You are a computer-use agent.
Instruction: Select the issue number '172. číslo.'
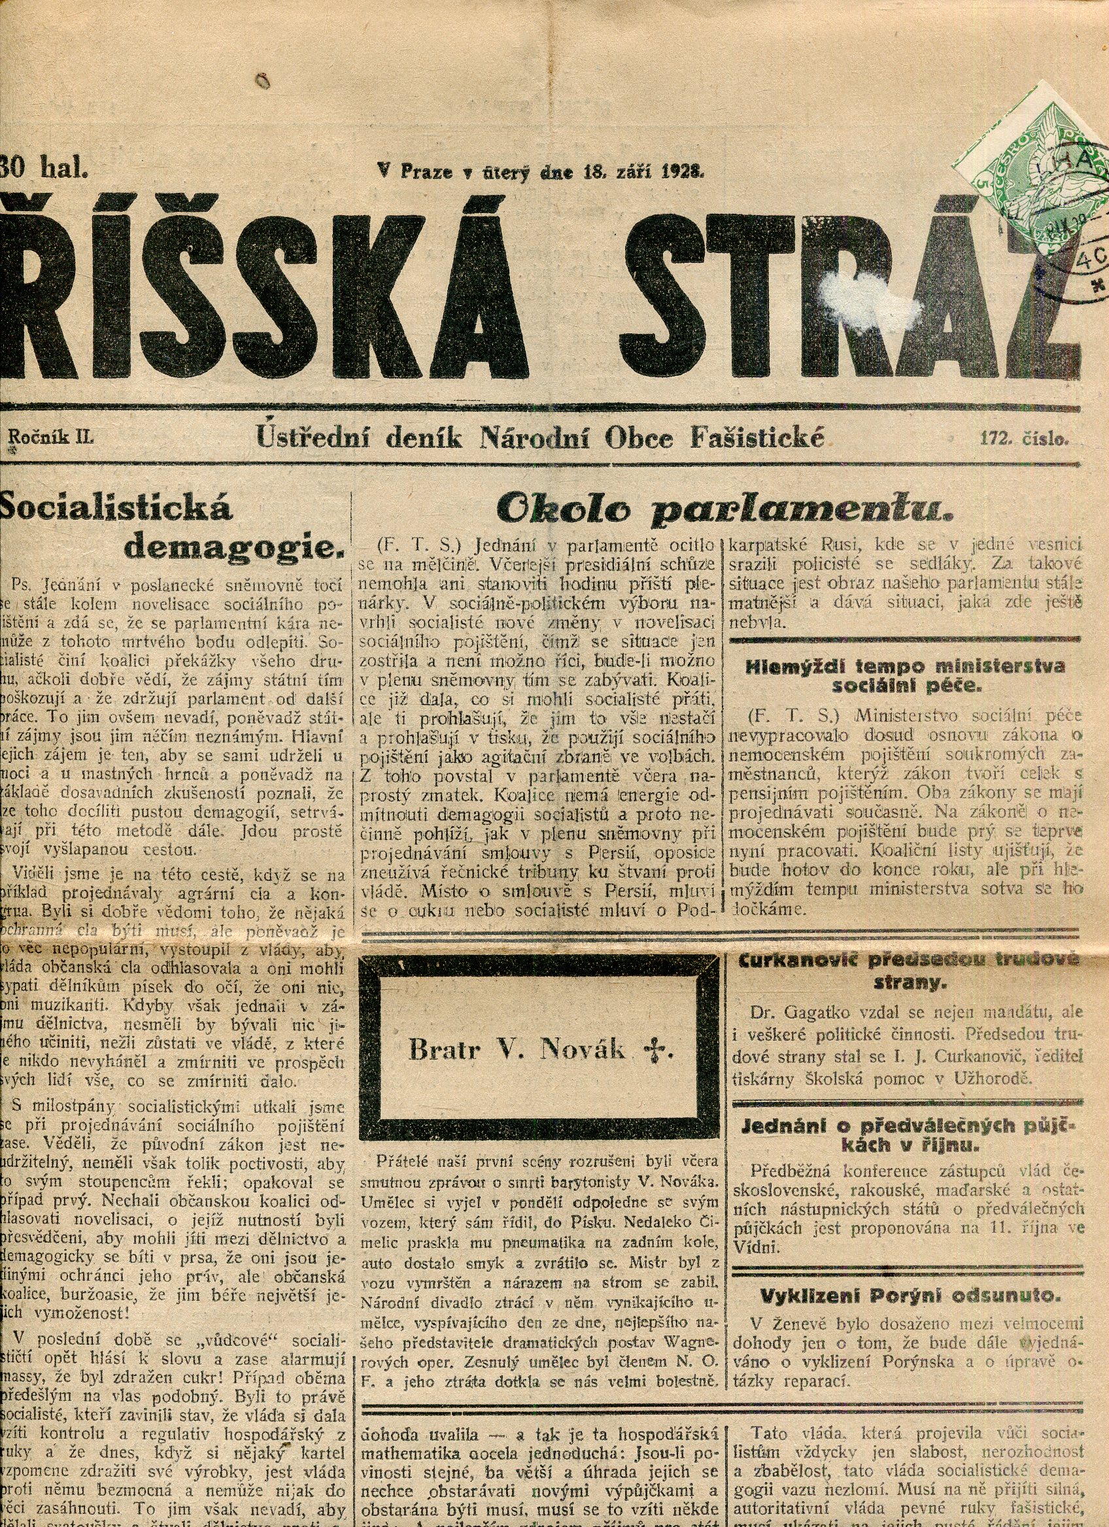1024,439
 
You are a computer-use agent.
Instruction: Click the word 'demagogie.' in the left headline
234,546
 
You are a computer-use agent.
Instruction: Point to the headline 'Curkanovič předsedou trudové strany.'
909,971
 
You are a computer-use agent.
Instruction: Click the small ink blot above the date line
262,82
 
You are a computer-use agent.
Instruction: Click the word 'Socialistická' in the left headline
118,507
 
